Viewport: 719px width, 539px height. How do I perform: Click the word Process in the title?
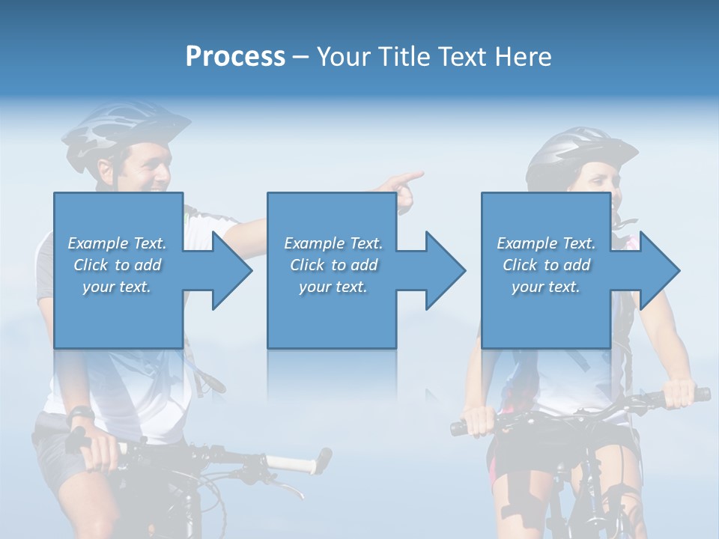pyautogui.click(x=235, y=57)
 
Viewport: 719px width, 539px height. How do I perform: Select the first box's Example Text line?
pyautogui.click(x=118, y=243)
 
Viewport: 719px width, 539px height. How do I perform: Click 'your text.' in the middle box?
pyautogui.click(x=333, y=287)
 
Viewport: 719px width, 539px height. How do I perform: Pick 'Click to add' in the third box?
pyautogui.click(x=547, y=265)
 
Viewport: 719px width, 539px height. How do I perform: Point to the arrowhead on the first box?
pyautogui.click(x=228, y=270)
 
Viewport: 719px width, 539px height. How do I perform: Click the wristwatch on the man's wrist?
pyautogui.click(x=80, y=413)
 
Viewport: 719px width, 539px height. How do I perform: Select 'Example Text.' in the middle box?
pyautogui.click(x=333, y=243)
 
